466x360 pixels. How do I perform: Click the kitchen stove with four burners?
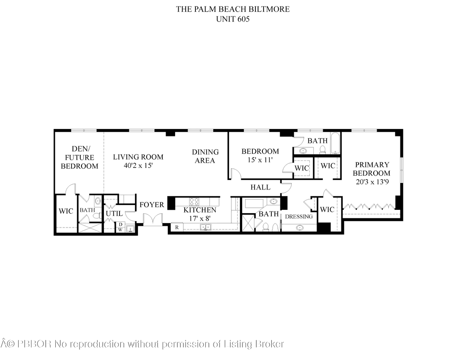pos(194,202)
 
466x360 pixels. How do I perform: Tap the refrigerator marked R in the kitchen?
pos(177,227)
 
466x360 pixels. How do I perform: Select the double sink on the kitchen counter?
pos(205,227)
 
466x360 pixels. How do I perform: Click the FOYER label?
pos(152,205)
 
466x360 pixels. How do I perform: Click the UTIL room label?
pos(114,213)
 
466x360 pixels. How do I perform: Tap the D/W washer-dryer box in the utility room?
pos(120,227)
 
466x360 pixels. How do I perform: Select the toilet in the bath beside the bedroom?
pos(322,150)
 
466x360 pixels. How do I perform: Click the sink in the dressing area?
pos(299,228)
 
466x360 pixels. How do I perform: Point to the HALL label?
pos(261,187)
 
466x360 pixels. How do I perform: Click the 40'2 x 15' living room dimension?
pos(138,166)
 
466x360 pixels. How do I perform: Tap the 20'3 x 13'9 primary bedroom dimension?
pos(372,182)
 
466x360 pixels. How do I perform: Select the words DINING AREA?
pos(205,156)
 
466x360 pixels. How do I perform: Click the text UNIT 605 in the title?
pos(233,19)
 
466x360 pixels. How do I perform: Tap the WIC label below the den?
pos(66,211)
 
